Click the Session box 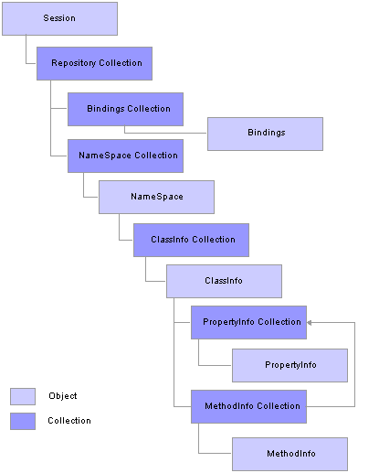tap(59, 18)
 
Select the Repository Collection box tap(94, 63)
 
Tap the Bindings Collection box tap(125, 109)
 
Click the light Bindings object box tap(265, 134)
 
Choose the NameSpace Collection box tap(125, 156)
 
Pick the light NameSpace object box tap(156, 197)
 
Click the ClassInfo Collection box tap(191, 240)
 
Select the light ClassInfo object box tap(224, 281)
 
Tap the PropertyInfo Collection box tap(248, 322)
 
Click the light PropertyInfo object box tap(290, 365)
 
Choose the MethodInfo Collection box tap(248, 406)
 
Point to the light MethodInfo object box tap(290, 454)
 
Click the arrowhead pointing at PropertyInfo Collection tap(310, 322)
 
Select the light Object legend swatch tap(23, 396)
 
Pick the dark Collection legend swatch tap(23, 421)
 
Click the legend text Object tap(63, 396)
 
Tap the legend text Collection tap(69, 421)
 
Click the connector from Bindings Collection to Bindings tap(164, 133)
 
